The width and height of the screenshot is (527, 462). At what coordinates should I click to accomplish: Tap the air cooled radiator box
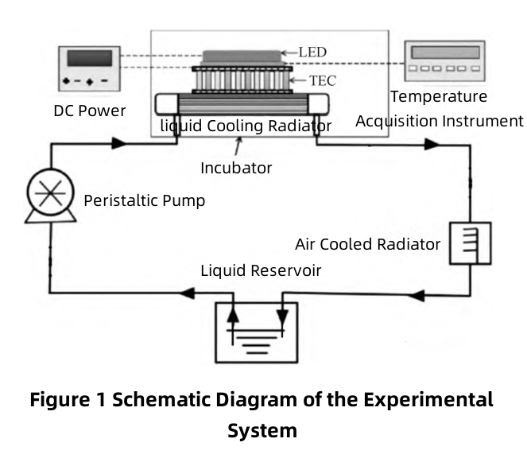coord(471,243)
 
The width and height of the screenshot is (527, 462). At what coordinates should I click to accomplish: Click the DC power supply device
coord(90,69)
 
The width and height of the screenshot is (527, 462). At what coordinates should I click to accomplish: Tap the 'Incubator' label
coord(237,168)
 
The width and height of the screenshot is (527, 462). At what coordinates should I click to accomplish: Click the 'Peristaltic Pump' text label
coord(144,200)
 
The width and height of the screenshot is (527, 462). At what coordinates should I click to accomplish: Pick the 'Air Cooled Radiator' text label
coord(367,243)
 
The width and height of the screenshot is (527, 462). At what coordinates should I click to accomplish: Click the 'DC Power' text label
coord(89,111)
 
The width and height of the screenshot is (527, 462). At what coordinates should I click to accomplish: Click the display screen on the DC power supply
coord(90,59)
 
